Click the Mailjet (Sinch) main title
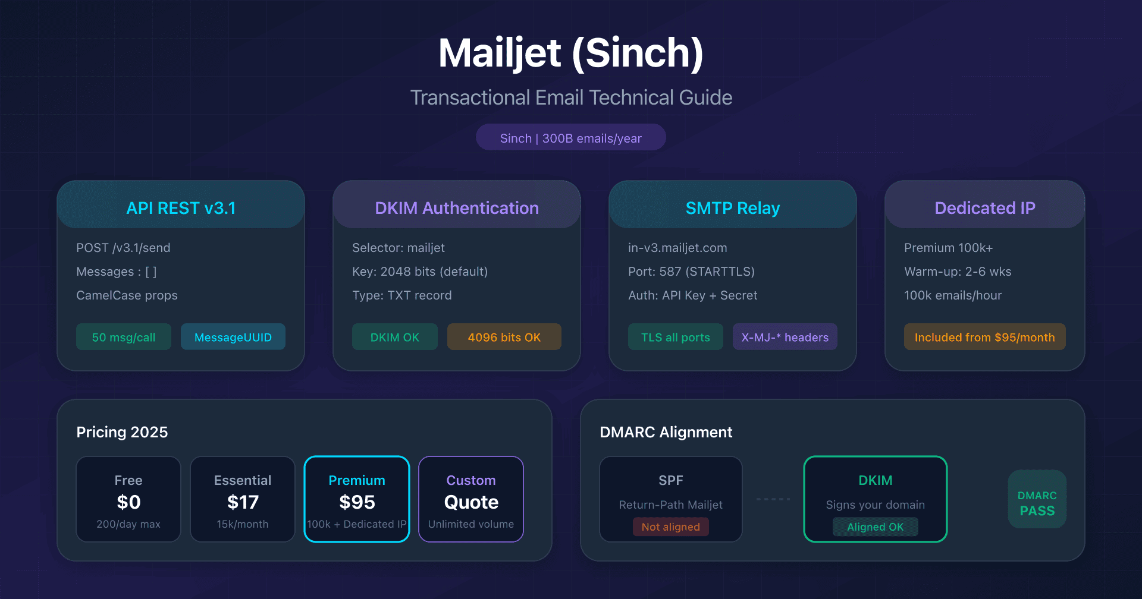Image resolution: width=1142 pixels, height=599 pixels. pos(571,53)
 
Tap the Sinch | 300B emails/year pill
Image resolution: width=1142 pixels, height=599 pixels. pos(571,138)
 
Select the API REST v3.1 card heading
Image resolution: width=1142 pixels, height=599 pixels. pos(181,208)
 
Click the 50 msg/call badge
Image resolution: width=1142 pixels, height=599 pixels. pos(124,337)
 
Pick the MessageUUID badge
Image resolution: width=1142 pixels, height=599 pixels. pos(233,337)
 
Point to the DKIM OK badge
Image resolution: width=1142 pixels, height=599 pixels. pos(395,337)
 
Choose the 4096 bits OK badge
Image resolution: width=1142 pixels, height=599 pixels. pos(504,337)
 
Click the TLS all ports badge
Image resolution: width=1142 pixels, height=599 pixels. pos(676,337)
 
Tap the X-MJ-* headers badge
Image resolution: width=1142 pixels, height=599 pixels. pos(785,337)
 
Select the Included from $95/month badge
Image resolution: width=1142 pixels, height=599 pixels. pos(985,337)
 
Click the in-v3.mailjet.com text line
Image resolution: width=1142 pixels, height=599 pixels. pos(677,248)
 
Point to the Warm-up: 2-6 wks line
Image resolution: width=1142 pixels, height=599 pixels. pos(958,272)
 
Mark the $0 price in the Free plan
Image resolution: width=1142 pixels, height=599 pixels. pos(128,502)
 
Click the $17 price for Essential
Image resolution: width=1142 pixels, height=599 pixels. pos(243,502)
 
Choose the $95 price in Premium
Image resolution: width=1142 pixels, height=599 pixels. pos(357,502)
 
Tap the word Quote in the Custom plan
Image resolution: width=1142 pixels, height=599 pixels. pos(471,502)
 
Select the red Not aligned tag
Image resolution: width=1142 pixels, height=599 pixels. pos(671,527)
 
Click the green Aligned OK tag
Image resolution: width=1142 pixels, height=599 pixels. pos(876,527)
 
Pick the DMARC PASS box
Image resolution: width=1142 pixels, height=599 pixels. pos(1037,499)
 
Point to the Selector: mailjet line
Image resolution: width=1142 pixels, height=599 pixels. pos(399,248)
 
